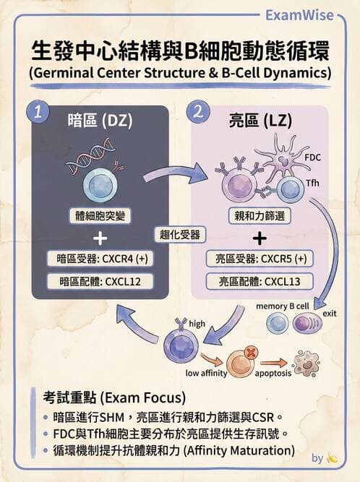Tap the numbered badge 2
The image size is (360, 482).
198,112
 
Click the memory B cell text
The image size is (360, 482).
283,306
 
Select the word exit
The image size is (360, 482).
330,314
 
